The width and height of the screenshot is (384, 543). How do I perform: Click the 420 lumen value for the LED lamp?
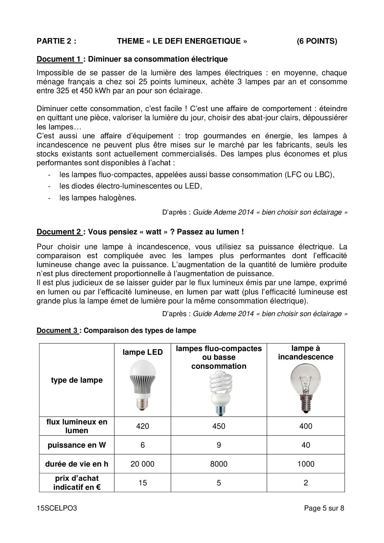142,426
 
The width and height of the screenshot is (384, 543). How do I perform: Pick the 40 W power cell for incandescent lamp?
306,445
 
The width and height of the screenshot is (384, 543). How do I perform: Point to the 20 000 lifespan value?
142,464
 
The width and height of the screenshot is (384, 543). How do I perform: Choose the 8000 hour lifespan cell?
219,464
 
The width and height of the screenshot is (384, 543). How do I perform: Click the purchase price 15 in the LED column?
142,483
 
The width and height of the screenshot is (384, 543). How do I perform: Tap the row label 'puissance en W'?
76,445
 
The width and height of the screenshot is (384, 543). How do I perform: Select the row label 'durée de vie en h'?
76,464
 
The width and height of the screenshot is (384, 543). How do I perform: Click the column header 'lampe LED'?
142,352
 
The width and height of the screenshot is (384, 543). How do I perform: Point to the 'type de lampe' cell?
76,380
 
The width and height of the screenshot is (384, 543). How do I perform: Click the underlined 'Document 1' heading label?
59,59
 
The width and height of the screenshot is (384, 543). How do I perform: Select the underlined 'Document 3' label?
57,331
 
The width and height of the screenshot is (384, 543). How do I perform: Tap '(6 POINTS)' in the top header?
316,41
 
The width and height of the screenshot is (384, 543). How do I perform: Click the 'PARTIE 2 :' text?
56,41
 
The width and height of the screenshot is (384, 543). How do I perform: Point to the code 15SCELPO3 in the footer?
57,508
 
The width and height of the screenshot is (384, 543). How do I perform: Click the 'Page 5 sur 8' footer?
324,508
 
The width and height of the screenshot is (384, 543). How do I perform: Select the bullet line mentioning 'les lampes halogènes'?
98,198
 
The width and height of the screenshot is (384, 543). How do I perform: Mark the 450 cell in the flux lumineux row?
219,426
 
